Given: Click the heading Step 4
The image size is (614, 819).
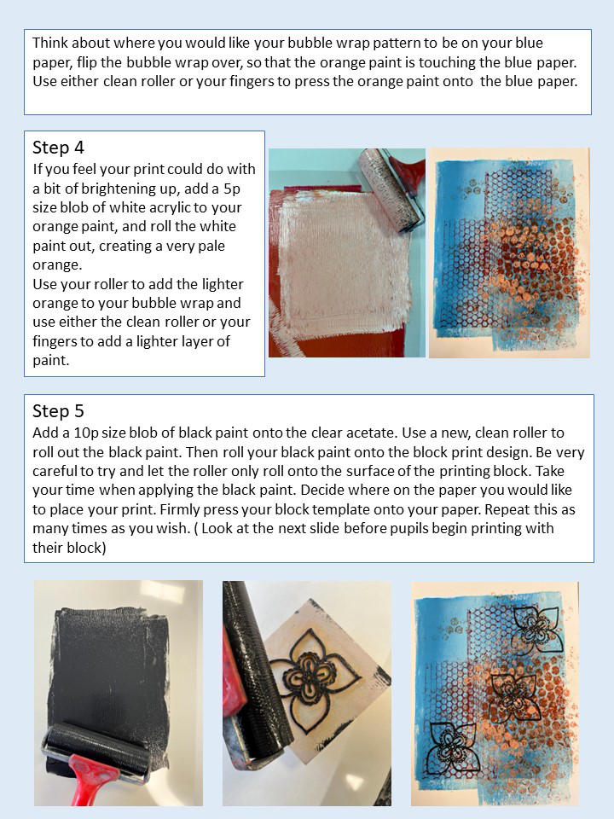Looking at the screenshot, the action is coord(58,148).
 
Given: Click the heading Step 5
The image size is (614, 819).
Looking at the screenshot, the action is coord(58,411).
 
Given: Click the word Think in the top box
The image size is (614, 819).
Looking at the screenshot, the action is coord(50,43).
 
